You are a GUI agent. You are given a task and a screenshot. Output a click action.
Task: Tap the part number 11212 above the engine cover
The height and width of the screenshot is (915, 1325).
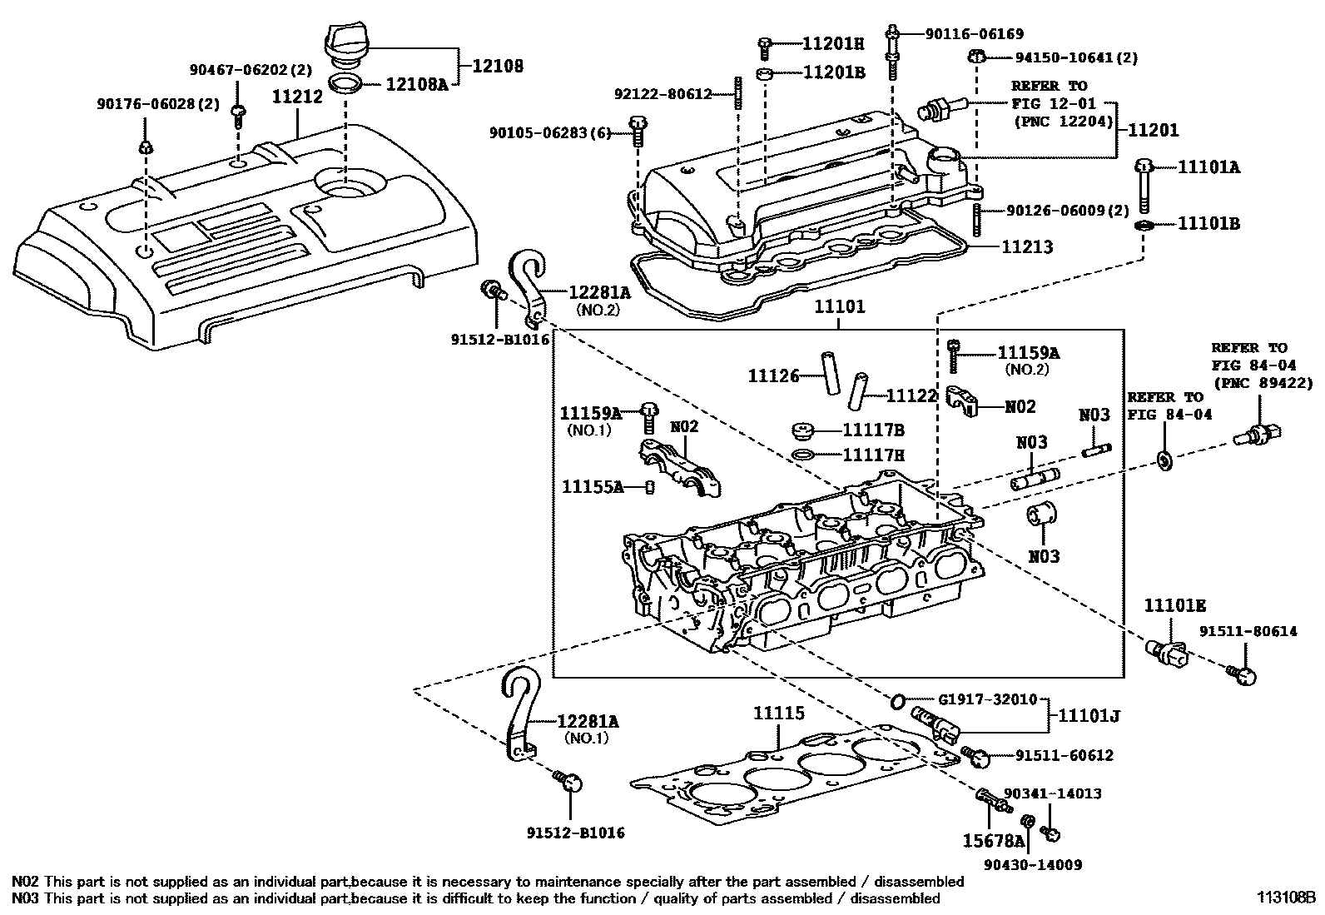coord(297,97)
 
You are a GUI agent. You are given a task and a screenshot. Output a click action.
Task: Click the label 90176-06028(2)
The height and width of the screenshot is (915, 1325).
coord(146,104)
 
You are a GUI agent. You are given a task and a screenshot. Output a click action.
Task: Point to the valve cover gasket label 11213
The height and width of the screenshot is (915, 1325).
coord(1026,247)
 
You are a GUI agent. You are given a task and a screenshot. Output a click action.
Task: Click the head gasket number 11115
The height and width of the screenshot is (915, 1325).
coord(779,714)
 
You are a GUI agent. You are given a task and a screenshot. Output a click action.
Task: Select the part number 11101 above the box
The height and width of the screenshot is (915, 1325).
coord(839,307)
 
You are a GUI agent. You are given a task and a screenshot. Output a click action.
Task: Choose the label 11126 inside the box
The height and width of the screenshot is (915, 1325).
coord(773,376)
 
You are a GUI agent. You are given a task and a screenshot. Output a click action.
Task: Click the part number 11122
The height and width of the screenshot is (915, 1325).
coord(911,397)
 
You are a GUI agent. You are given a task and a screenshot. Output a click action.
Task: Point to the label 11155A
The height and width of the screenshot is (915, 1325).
coord(592,487)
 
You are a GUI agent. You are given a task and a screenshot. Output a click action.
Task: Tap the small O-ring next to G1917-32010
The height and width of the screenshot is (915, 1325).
coord(897,702)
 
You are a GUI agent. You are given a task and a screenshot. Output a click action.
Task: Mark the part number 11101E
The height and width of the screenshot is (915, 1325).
coord(1174,605)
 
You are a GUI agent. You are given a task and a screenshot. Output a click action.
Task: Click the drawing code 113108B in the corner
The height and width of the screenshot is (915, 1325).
coord(1286,899)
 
